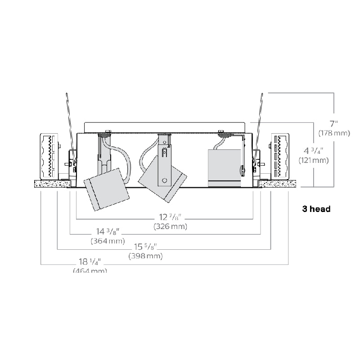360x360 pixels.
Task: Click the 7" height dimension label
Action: [x=333, y=123]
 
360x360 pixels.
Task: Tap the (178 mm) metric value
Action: [x=334, y=133]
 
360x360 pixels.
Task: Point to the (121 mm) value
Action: [x=314, y=160]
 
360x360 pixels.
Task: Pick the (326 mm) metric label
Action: [x=170, y=226]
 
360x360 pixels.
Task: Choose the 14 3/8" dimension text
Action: [x=107, y=232]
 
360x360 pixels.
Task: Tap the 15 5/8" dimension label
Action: [x=145, y=247]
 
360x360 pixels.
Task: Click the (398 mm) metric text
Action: [x=145, y=256]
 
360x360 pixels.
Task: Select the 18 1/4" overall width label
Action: [x=89, y=261]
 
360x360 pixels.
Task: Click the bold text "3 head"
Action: [x=316, y=209]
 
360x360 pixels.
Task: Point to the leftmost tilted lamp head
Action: [x=106, y=189]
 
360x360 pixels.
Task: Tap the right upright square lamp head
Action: [x=225, y=167]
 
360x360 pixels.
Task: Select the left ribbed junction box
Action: [x=49, y=156]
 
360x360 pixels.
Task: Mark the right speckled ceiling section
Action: [x=279, y=184]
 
